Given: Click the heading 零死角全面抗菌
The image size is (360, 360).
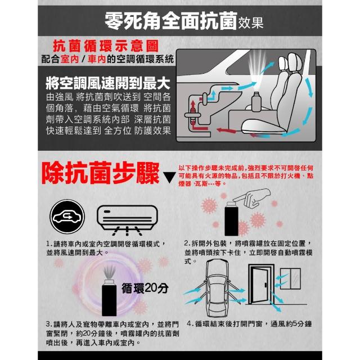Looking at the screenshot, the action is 171,21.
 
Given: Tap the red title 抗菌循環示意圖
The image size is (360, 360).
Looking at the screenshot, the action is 106,46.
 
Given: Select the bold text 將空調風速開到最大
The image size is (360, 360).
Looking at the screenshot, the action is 108,83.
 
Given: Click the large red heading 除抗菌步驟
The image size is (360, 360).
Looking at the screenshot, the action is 100,173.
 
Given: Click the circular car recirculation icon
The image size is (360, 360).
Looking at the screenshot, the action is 67,217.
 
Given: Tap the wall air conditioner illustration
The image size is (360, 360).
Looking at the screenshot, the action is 127,220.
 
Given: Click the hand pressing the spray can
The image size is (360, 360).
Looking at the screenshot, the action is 251,197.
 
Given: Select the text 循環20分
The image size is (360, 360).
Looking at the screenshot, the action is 145,288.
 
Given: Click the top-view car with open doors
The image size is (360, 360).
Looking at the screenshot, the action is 217,289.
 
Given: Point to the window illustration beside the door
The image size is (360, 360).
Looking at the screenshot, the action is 290,279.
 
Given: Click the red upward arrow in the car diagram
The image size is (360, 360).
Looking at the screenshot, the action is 193,106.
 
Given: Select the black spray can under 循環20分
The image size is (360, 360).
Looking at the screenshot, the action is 109,298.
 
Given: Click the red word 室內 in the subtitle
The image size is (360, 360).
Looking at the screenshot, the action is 70,59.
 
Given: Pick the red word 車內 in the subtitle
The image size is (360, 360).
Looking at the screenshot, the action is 96,59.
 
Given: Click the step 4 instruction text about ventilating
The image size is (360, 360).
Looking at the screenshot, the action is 249,324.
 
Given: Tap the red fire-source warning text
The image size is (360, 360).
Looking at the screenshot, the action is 246,176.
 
